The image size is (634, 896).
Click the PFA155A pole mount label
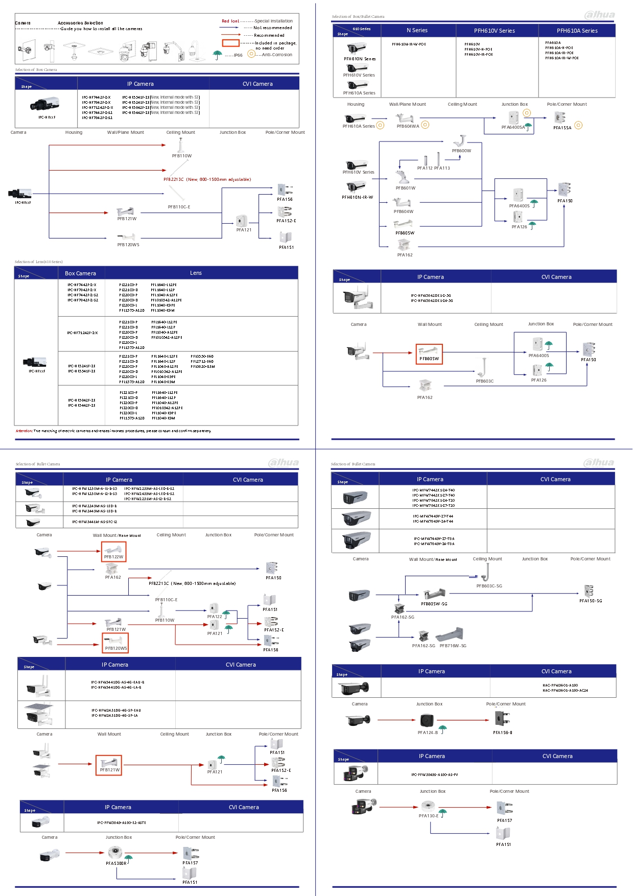pos(562,128)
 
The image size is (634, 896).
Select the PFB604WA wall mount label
pos(408,126)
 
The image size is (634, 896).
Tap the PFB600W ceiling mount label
pos(461,151)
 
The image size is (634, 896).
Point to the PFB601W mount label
pos(405,188)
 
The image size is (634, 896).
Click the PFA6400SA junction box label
pos(513,127)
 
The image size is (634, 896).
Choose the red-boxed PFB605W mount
pos(429,354)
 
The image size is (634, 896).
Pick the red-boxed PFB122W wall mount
pos(113,552)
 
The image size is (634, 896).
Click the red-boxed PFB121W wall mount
pos(109,765)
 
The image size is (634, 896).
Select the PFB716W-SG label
pos(453,646)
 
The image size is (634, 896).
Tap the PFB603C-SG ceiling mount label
pos(489,586)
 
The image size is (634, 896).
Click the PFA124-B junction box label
pos(428,733)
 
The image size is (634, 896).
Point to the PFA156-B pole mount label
pos(502,733)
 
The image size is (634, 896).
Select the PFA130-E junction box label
pos(428,816)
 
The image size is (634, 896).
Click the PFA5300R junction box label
pos(116,863)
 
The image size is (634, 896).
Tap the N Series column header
pos(417,31)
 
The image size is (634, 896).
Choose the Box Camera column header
pos(80,273)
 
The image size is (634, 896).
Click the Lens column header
pos(196,273)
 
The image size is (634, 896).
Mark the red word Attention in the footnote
pos(24,431)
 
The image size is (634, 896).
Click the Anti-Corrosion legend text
pos(277,55)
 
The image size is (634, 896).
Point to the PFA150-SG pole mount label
pos(590,601)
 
